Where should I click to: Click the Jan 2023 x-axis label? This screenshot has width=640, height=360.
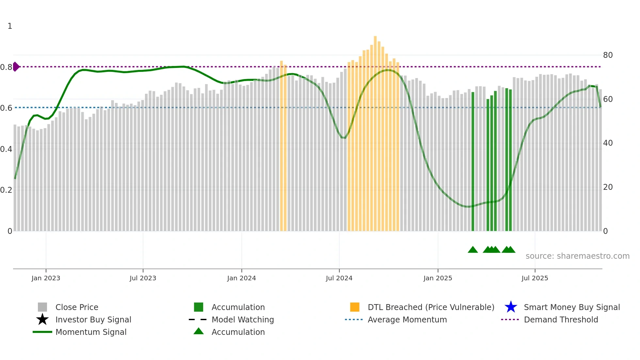46,278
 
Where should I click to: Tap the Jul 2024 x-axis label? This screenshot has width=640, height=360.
339,278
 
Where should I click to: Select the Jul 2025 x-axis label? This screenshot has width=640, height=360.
535,278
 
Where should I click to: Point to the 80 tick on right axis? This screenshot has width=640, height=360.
608,55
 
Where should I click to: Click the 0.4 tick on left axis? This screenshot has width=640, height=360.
6,149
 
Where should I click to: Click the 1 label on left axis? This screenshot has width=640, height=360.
10,26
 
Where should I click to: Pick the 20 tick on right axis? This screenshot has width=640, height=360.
608,187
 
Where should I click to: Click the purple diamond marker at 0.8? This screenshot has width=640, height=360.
16,67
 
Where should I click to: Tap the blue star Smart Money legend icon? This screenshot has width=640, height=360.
511,307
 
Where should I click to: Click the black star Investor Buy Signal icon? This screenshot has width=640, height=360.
42,319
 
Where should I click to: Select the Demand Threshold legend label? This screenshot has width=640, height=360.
561,319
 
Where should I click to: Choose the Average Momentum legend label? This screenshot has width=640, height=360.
407,319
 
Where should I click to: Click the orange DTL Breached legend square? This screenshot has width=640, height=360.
355,307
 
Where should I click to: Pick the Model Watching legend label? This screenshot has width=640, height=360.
243,319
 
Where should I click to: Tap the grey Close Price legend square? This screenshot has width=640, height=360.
42,307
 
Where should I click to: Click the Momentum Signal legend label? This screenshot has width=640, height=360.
91,332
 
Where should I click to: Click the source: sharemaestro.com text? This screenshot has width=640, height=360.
577,256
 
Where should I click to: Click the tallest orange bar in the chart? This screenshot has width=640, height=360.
375,131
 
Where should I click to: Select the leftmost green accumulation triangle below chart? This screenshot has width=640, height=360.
473,250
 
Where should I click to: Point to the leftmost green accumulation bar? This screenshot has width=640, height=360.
473,163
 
